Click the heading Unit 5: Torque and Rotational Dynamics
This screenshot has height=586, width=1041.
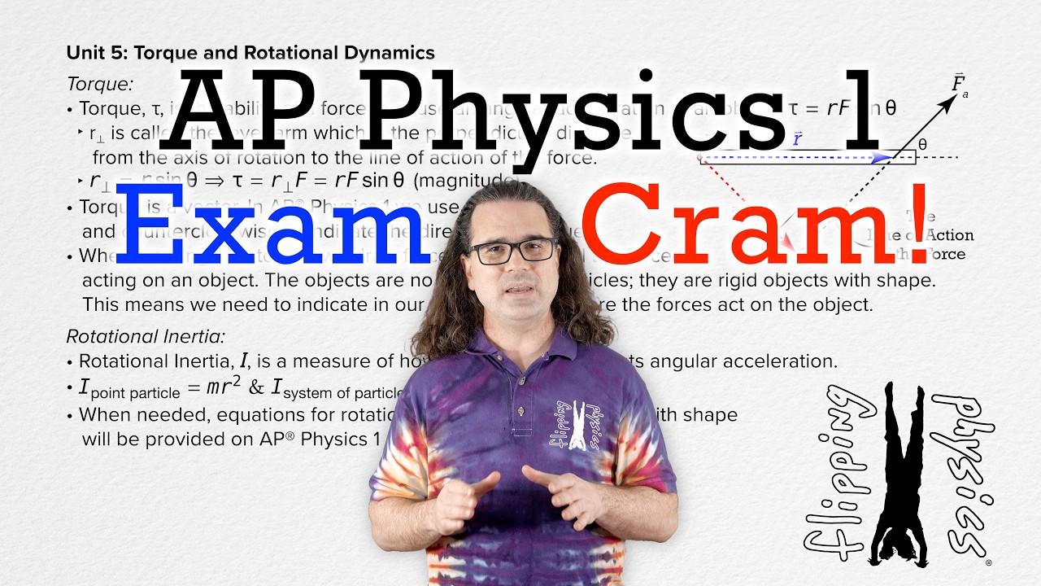tap(250, 53)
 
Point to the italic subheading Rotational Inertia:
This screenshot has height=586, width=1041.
tap(146, 336)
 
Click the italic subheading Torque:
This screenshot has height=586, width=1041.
tap(100, 83)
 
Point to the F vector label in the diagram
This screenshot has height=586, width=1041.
tap(960, 83)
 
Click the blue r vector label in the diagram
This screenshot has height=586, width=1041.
tap(798, 139)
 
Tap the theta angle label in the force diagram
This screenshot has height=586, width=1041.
tap(922, 144)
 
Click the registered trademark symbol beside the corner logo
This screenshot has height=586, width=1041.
tap(988, 562)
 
